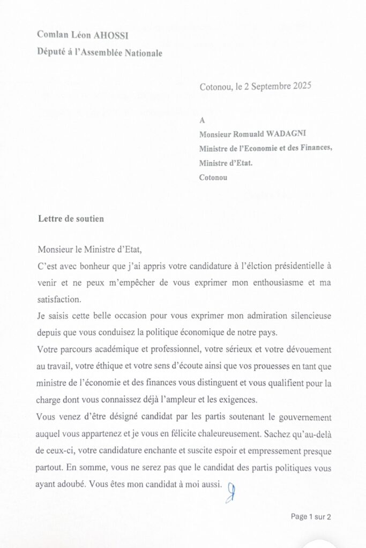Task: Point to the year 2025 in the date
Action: pos(302,86)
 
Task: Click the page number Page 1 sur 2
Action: pos(311,516)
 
